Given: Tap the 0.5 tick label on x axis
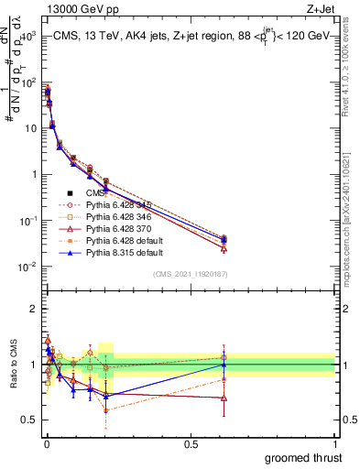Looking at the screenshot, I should click(191, 442).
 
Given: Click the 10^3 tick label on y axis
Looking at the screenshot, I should click(27, 35).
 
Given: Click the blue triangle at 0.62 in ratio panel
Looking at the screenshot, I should click(223, 365).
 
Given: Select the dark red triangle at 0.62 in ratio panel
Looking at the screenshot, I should click(223, 398).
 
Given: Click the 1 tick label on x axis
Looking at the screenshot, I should click(334, 442).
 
